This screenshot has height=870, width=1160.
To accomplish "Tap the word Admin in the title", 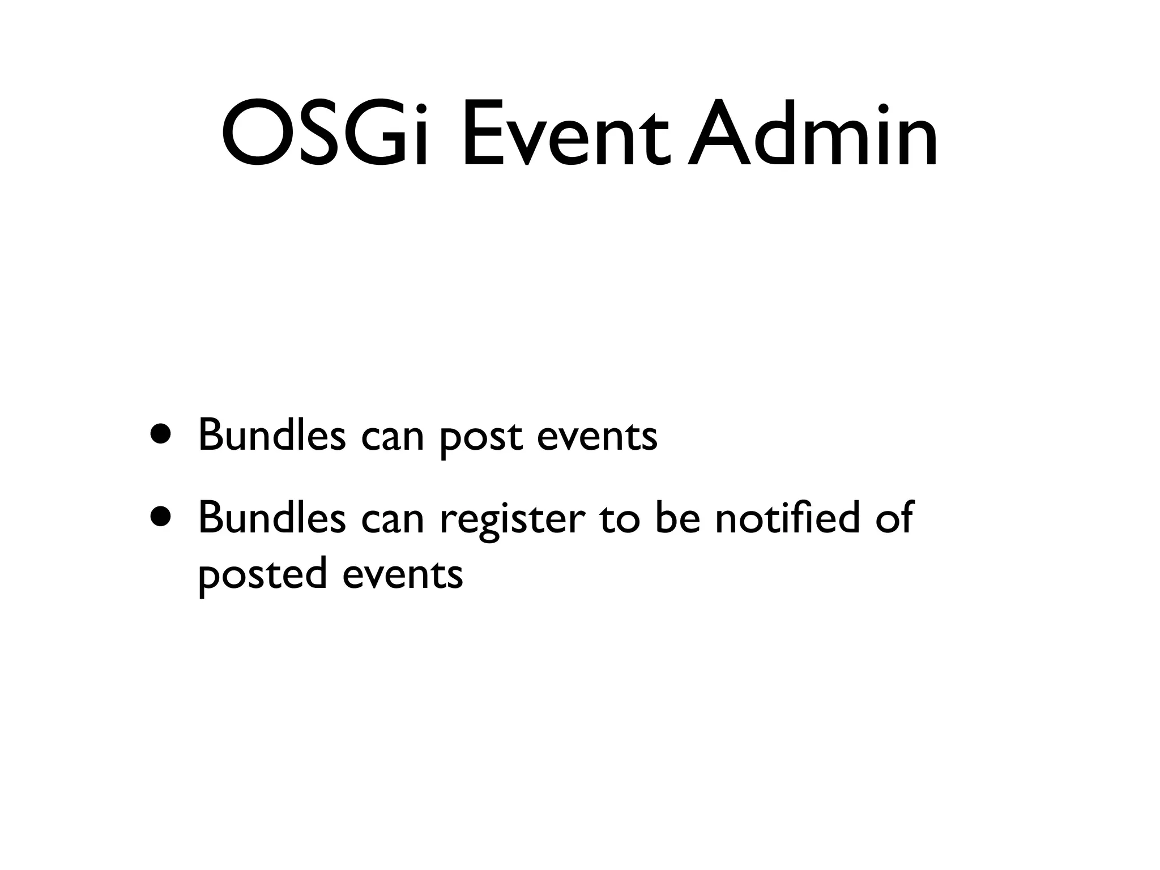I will tap(813, 135).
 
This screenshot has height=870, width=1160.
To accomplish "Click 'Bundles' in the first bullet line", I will tap(271, 435).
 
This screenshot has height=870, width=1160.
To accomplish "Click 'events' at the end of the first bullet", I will tap(596, 437).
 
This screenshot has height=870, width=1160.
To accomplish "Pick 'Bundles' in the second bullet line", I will tap(271, 517).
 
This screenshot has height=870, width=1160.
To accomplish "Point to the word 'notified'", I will tap(788, 517).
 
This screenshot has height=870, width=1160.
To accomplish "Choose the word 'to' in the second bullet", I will tap(620, 518).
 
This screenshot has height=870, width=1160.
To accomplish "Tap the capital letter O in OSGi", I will tap(250, 135).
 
